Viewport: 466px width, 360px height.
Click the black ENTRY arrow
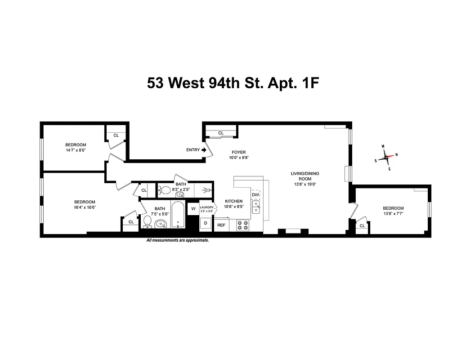click(204, 150)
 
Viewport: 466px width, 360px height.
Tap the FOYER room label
click(239, 152)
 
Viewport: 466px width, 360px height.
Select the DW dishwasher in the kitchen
click(255, 195)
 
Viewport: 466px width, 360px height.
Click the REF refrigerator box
click(221, 225)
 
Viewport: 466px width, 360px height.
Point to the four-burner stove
click(243, 225)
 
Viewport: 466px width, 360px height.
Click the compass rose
click(386, 157)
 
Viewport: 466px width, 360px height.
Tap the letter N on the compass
click(396, 155)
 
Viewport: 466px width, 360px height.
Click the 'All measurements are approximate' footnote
click(178, 241)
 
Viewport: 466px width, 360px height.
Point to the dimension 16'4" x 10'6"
click(85, 207)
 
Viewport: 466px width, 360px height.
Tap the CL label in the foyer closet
click(221, 133)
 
